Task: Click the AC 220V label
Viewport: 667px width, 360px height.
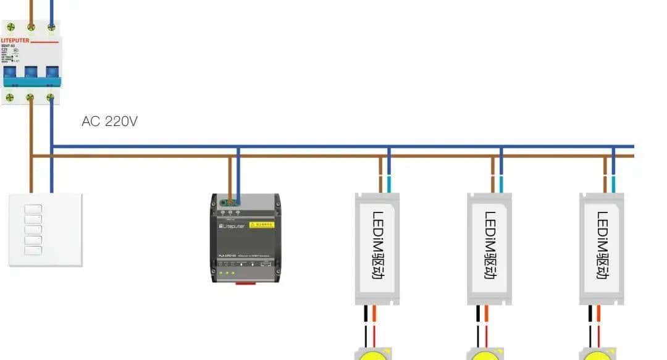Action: (x=109, y=122)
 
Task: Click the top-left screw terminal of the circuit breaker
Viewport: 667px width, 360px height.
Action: (x=10, y=27)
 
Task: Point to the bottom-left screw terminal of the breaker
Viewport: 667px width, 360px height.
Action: (x=10, y=97)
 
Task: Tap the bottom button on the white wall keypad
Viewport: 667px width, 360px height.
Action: (x=33, y=251)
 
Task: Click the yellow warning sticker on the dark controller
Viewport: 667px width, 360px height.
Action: (x=261, y=225)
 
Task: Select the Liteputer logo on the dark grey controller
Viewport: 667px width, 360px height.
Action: (x=232, y=227)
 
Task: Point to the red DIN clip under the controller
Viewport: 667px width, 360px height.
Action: (x=246, y=283)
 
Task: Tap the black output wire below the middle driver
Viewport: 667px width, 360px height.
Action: (x=478, y=324)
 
